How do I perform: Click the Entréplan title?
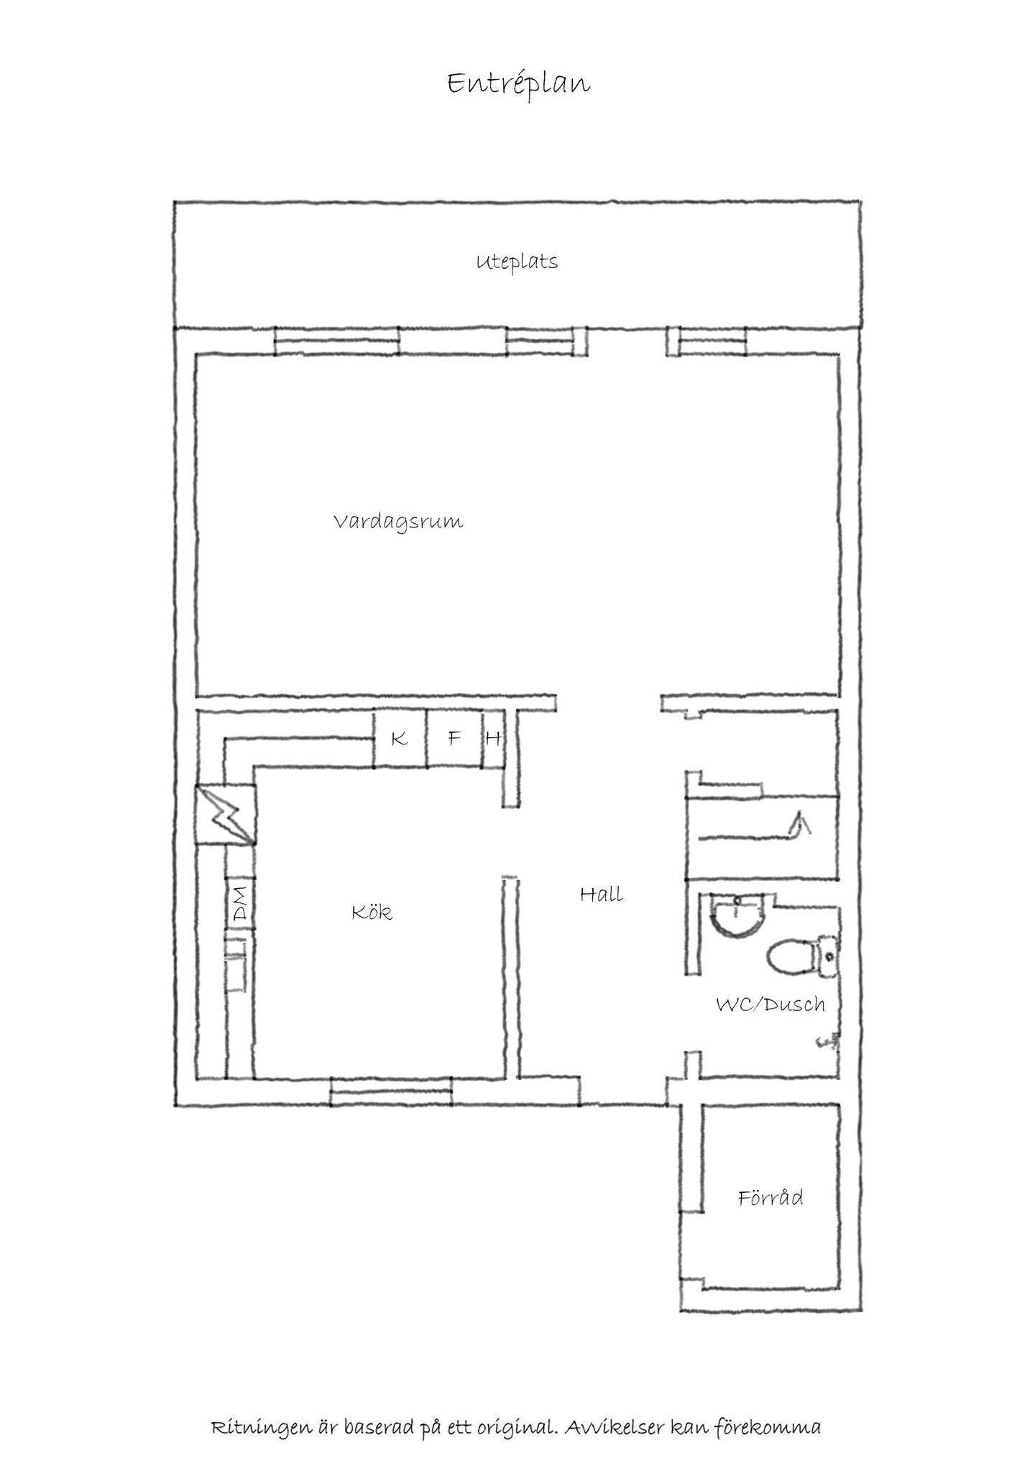pyautogui.click(x=518, y=84)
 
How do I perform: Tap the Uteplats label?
pyautogui.click(x=517, y=262)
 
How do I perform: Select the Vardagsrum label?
pyautogui.click(x=398, y=522)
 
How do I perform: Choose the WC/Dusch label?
pyautogui.click(x=770, y=1004)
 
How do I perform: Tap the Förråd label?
pyautogui.click(x=770, y=1198)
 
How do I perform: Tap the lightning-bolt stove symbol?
pyautogui.click(x=226, y=814)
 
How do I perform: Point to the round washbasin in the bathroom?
pyautogui.click(x=735, y=913)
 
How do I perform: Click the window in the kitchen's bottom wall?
pyautogui.click(x=391, y=1092)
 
